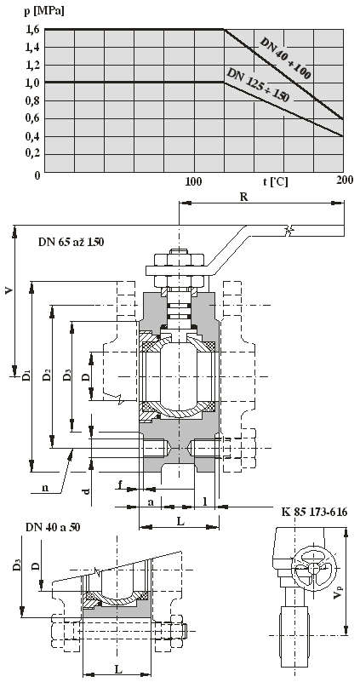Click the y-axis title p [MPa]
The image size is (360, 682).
point(44,11)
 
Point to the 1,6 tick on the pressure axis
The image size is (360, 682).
point(33,29)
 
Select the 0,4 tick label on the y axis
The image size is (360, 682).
point(33,136)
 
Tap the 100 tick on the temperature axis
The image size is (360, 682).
point(193,181)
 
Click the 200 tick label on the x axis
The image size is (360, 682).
point(345,180)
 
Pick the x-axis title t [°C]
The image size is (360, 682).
point(275,181)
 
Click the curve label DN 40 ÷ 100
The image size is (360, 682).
point(285,59)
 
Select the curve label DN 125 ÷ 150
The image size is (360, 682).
point(258,85)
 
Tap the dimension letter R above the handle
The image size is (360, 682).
point(244,197)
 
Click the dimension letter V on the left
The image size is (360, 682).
point(9,290)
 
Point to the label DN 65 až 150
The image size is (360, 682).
point(71,243)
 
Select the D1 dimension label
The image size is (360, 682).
point(26,375)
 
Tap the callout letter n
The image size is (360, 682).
point(45,488)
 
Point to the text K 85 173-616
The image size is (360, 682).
point(313,512)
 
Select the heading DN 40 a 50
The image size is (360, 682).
point(53,528)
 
